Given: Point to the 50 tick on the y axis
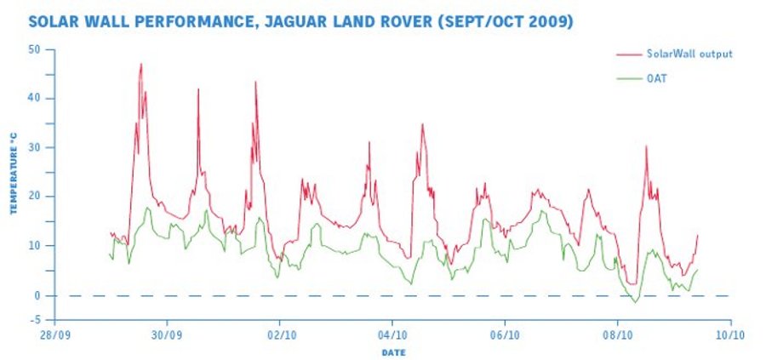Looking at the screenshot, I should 35,49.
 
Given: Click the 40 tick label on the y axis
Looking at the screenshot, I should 35,99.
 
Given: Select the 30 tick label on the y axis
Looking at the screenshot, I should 35,148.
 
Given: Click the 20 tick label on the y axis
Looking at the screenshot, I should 35,197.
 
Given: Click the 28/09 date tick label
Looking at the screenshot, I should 54,335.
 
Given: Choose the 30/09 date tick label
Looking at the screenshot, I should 167,335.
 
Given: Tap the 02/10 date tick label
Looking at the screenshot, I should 280,335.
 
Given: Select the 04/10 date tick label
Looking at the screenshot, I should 392,335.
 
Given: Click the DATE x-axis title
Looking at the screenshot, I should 392,351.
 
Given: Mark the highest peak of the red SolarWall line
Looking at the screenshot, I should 140,64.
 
